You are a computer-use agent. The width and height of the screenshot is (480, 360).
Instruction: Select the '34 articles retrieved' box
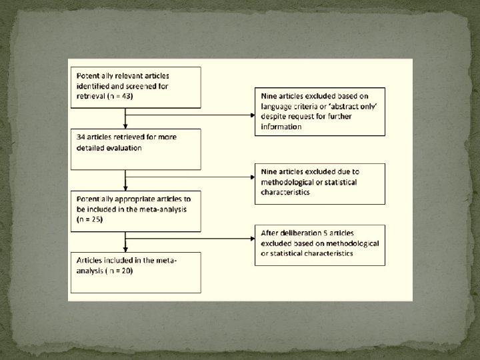coord(135,148)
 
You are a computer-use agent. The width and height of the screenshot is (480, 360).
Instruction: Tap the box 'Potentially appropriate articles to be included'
coord(135,211)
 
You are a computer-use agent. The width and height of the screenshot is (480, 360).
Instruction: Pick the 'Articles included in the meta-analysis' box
coord(135,271)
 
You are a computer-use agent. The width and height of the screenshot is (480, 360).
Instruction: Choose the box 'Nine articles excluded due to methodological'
coord(319,183)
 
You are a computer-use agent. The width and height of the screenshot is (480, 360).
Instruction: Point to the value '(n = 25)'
coord(89,219)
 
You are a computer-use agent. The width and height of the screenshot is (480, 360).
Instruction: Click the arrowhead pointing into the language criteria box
coord(252,115)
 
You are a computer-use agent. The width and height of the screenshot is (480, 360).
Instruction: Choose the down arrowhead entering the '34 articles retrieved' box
coord(125,126)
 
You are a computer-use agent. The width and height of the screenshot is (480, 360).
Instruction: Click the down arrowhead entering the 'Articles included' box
coord(125,249)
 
